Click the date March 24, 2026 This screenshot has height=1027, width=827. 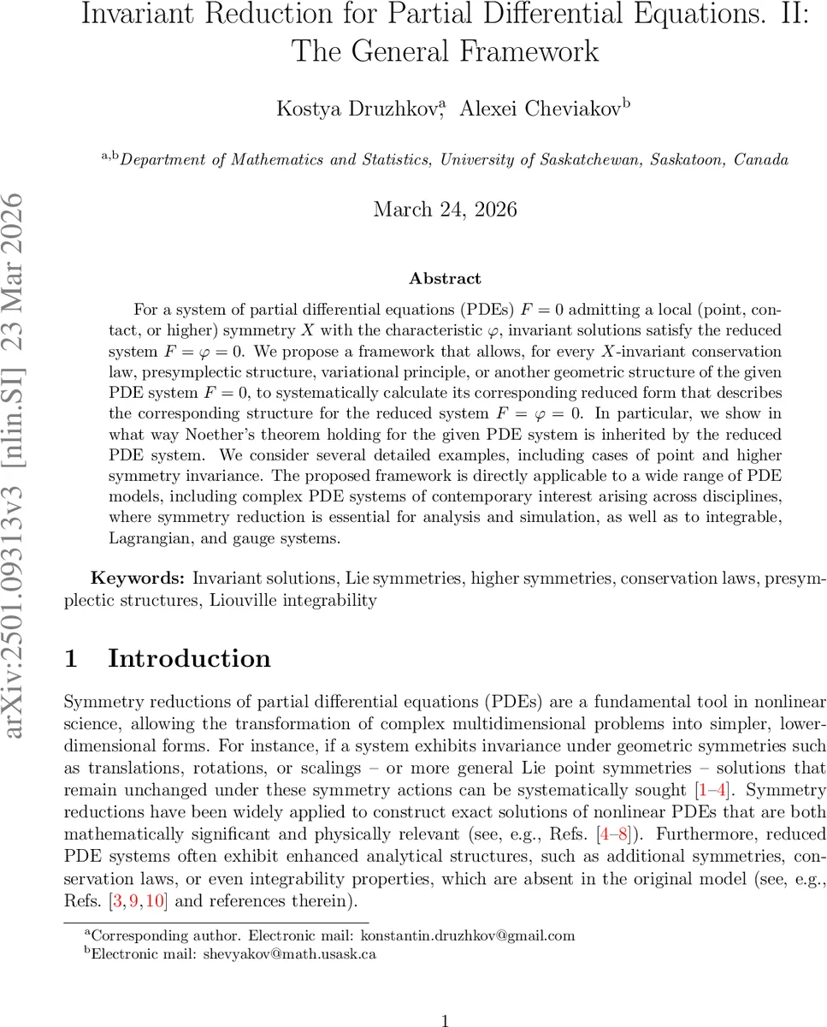(x=445, y=209)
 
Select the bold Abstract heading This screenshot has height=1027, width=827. (x=445, y=278)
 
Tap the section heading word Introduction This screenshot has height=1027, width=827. (x=189, y=658)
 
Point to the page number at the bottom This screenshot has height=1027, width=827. (x=445, y=1019)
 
